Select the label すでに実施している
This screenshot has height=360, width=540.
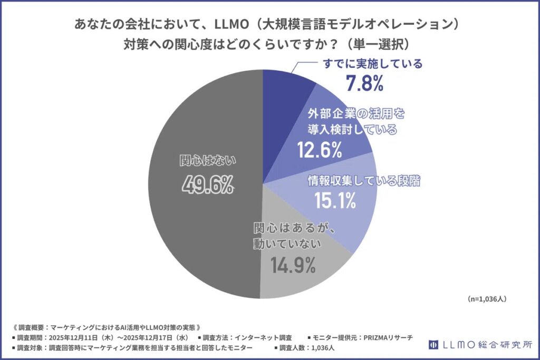(x=372, y=64)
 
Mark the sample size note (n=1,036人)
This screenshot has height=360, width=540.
(x=487, y=298)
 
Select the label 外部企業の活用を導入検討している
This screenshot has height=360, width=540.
(x=352, y=121)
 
